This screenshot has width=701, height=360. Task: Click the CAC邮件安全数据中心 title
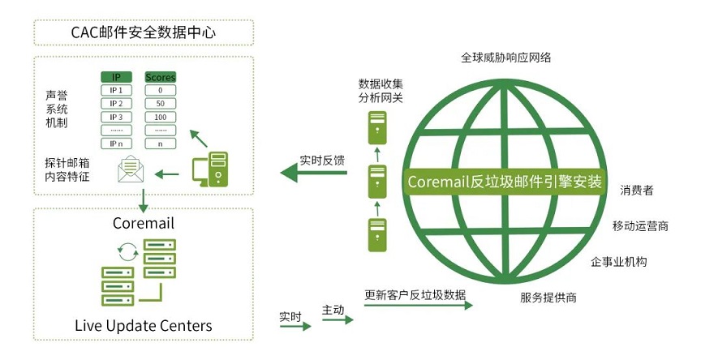[143, 32]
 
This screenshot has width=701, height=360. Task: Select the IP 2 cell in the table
[116, 104]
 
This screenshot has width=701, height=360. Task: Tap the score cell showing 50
[160, 104]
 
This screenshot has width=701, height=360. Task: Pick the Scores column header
[160, 77]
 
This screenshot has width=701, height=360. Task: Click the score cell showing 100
[160, 117]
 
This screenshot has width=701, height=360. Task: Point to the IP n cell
[116, 144]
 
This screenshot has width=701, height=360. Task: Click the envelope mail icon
[131, 169]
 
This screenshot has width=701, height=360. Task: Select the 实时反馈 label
[322, 161]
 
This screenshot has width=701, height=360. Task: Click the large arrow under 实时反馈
[313, 173]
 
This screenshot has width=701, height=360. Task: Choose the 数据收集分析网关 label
[381, 91]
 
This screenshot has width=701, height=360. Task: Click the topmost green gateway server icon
[377, 128]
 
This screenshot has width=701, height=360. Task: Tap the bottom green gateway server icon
[377, 235]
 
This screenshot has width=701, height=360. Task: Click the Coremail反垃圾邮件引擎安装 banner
[505, 182]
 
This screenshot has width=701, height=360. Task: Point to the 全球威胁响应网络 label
[505, 58]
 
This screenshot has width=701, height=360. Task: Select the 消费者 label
[637, 191]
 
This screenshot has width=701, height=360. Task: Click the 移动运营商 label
[640, 226]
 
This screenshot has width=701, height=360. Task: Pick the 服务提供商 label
[548, 298]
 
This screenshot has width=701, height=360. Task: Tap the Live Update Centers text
[144, 325]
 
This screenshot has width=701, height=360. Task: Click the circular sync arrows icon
[128, 252]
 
